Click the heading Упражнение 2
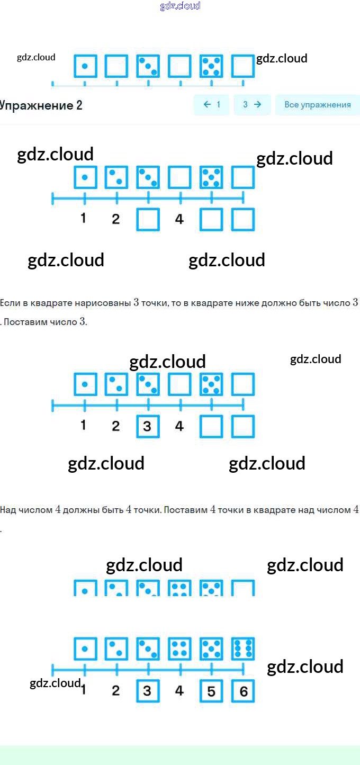pyautogui.click(x=41, y=105)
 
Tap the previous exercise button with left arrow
pyautogui.click(x=212, y=104)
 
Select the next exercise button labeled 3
pyautogui.click(x=252, y=104)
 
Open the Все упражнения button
pyautogui.click(x=318, y=104)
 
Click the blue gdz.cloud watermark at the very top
pyautogui.click(x=180, y=6)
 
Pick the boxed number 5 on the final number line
pyautogui.click(x=211, y=691)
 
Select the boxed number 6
pyautogui.click(x=243, y=691)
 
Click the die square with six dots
pyautogui.click(x=243, y=649)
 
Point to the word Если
pyautogui.click(x=10, y=303)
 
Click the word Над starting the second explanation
pyautogui.click(x=8, y=510)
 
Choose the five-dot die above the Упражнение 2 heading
pyautogui.click(x=211, y=66)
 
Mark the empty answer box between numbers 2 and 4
pyautogui.click(x=148, y=220)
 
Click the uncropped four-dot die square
pyautogui.click(x=179, y=649)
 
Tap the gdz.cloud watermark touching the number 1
pyautogui.click(x=55, y=683)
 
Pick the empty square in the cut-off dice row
pyautogui.click(x=243, y=588)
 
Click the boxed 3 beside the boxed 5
pyautogui.click(x=148, y=691)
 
